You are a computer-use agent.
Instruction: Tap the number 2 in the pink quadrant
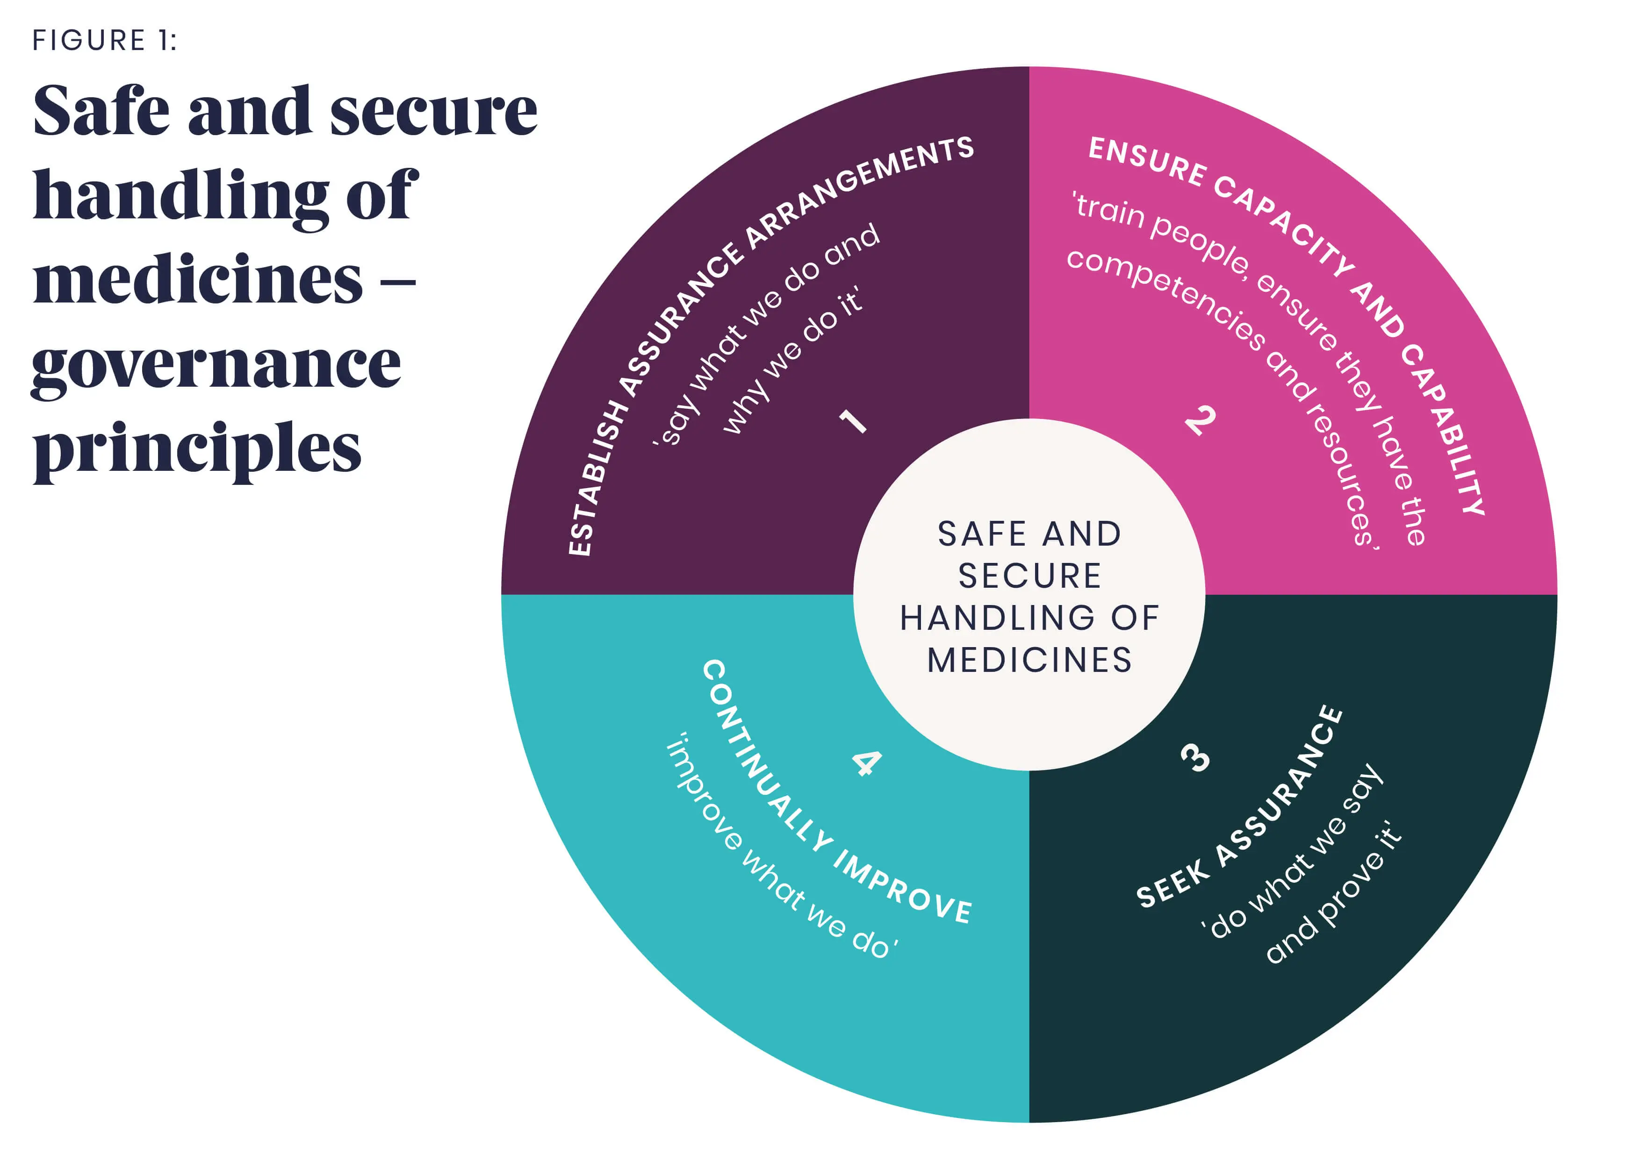pyautogui.click(x=1200, y=419)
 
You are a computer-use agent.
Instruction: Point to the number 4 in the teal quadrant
pyautogui.click(x=866, y=763)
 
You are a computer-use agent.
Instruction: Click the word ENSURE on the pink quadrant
pyautogui.click(x=1146, y=161)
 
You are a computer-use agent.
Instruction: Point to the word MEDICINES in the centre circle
pyautogui.click(x=1029, y=659)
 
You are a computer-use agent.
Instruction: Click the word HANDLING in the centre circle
pyautogui.click(x=996, y=618)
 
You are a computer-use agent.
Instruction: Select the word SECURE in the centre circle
pyautogui.click(x=1029, y=576)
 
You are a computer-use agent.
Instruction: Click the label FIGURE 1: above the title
pyautogui.click(x=104, y=41)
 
